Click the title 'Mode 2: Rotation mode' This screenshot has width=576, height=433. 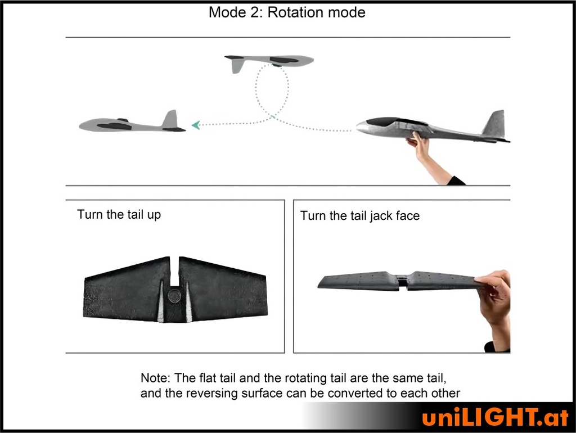pyautogui.click(x=287, y=12)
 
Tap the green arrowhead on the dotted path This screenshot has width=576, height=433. pyautogui.click(x=196, y=125)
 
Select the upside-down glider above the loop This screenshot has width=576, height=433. pyautogui.click(x=269, y=62)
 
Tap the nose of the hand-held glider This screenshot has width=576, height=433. pyautogui.click(x=362, y=127)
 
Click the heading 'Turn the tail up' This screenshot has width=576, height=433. pyautogui.click(x=119, y=214)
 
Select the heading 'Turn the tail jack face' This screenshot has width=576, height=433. pyautogui.click(x=359, y=215)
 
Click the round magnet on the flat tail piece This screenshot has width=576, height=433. pyautogui.click(x=174, y=296)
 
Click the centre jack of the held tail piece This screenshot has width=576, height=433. pyautogui.click(x=403, y=282)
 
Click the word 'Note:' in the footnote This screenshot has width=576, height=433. pyautogui.click(x=155, y=378)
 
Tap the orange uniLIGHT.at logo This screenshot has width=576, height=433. pyautogui.click(x=496, y=417)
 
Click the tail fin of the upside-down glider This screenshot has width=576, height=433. pyautogui.click(x=238, y=66)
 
